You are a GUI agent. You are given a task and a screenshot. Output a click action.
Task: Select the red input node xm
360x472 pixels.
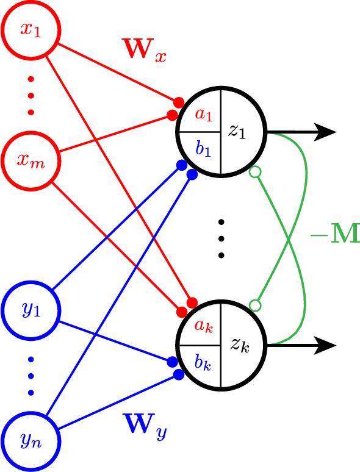pos(30,161)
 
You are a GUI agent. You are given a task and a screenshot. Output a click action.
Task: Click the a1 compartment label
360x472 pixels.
pos(203,114)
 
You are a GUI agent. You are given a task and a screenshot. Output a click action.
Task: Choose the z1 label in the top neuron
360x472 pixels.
pos(237,132)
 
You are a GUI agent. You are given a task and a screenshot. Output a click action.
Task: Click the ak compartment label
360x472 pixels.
pos(203,326)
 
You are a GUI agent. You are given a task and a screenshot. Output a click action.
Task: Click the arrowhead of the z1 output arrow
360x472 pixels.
pos(327,132)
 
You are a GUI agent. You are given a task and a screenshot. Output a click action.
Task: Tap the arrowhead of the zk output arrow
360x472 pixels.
pos(327,345)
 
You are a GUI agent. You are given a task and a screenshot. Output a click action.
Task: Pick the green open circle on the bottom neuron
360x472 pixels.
pos(256,304)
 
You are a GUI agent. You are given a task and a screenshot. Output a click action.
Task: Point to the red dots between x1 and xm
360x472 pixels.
pos(31,95)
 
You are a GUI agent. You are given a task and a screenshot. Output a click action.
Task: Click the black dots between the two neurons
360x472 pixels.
pos(221,238)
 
